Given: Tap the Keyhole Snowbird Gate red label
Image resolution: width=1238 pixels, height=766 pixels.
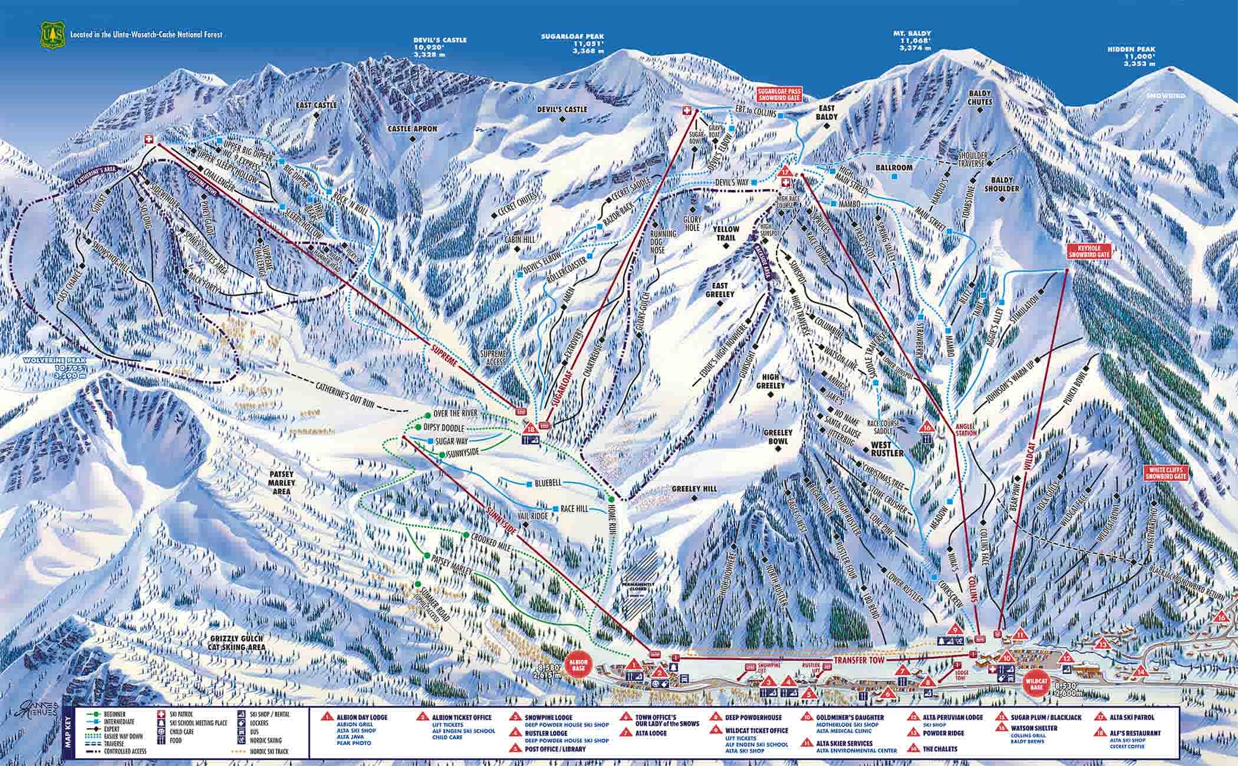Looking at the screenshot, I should click(1086, 252).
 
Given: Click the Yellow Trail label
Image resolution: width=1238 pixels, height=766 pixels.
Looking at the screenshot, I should click(726, 233).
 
